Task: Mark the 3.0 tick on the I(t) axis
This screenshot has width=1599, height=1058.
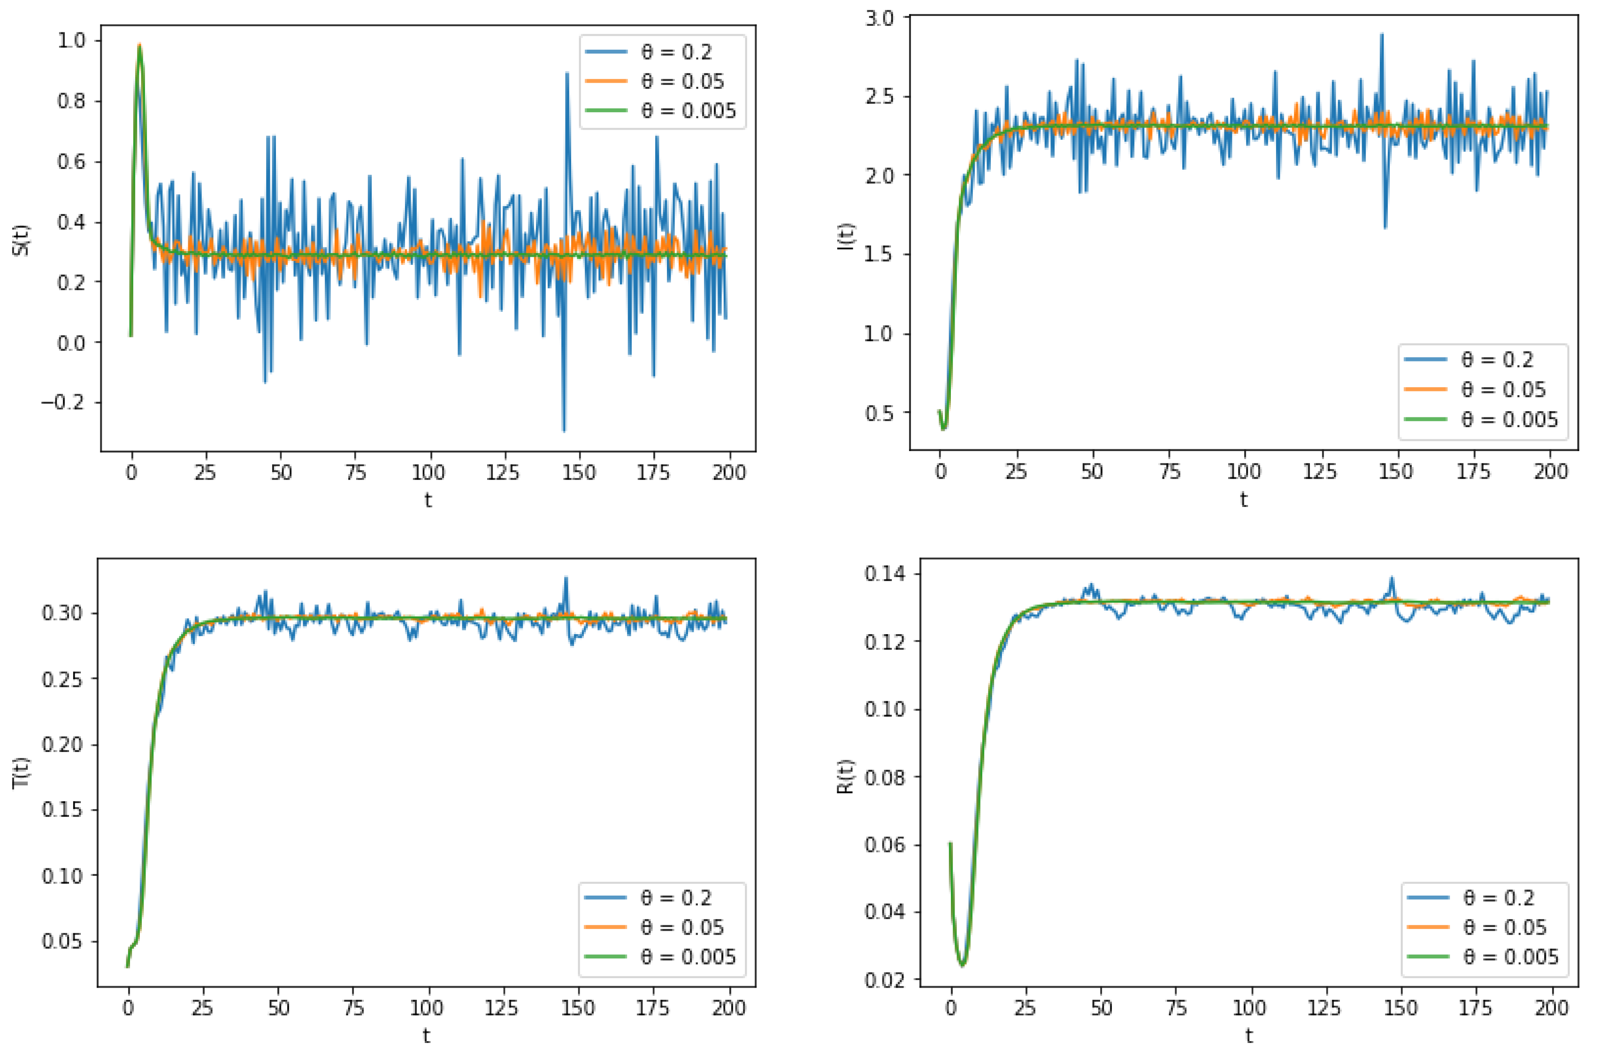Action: (x=879, y=18)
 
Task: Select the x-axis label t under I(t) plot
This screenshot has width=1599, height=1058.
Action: (x=1243, y=500)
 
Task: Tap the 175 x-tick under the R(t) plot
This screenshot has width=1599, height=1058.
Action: (x=1475, y=1009)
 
